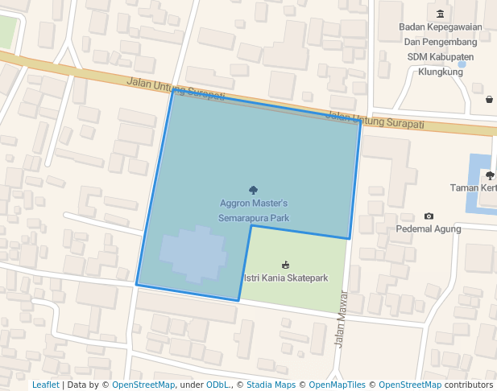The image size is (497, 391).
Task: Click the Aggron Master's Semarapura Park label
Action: tap(253, 211)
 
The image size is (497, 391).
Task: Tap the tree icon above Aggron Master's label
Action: tap(254, 190)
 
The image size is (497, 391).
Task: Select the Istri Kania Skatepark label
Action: tap(286, 278)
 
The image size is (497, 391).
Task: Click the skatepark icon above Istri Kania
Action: tap(285, 264)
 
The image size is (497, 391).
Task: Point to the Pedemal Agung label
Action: tap(429, 228)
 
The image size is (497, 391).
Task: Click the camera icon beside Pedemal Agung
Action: tap(429, 216)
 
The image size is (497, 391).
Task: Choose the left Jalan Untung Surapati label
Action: tap(175, 89)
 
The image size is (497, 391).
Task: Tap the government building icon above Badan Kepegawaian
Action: tap(440, 14)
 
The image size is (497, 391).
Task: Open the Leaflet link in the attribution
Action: tap(45, 385)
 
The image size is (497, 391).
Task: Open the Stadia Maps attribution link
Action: tap(271, 385)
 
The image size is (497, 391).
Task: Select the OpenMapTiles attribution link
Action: tap(338, 385)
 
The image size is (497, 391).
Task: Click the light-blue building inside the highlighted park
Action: tap(193, 253)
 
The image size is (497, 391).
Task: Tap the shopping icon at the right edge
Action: tap(490, 100)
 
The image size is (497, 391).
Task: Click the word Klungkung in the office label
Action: tap(441, 72)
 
